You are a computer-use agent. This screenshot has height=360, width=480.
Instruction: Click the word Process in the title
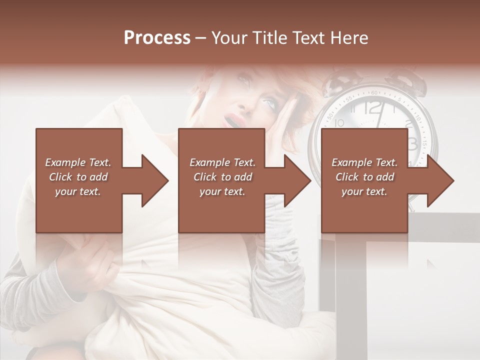[x=157, y=38]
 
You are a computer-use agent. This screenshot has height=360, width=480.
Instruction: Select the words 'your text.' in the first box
[x=78, y=191]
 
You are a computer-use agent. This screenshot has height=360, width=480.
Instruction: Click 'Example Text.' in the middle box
[x=222, y=162]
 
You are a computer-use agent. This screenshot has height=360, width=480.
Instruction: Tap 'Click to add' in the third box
[x=364, y=177]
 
